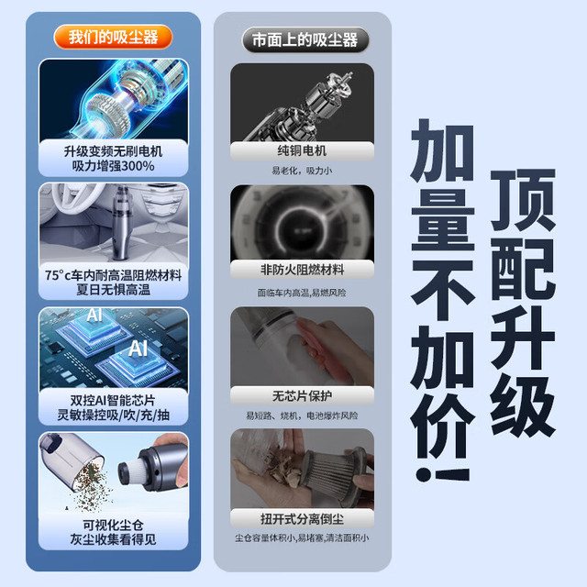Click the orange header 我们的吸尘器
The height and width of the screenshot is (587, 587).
(113, 37)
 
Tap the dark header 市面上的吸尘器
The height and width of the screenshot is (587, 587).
(305, 39)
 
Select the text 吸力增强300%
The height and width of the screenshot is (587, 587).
(113, 166)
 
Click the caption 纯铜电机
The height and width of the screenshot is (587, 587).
(302, 150)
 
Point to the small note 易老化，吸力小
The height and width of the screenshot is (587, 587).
(302, 171)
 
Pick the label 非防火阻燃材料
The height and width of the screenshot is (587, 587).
(302, 270)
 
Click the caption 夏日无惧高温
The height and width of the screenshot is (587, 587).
(113, 290)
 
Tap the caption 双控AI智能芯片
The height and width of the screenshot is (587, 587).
(113, 400)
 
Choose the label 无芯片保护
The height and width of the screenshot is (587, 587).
(302, 395)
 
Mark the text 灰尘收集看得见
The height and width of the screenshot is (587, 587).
(113, 539)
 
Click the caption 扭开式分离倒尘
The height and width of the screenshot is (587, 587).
(302, 519)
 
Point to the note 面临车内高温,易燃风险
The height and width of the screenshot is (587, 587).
(302, 293)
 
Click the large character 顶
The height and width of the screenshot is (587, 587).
(523, 200)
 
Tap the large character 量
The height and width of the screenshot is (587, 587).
(443, 219)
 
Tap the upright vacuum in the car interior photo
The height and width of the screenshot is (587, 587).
(121, 224)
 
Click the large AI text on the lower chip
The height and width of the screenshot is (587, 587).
(138, 349)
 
